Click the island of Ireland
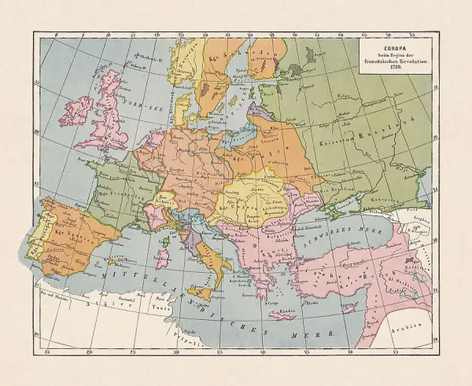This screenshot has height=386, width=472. point(82,108)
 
